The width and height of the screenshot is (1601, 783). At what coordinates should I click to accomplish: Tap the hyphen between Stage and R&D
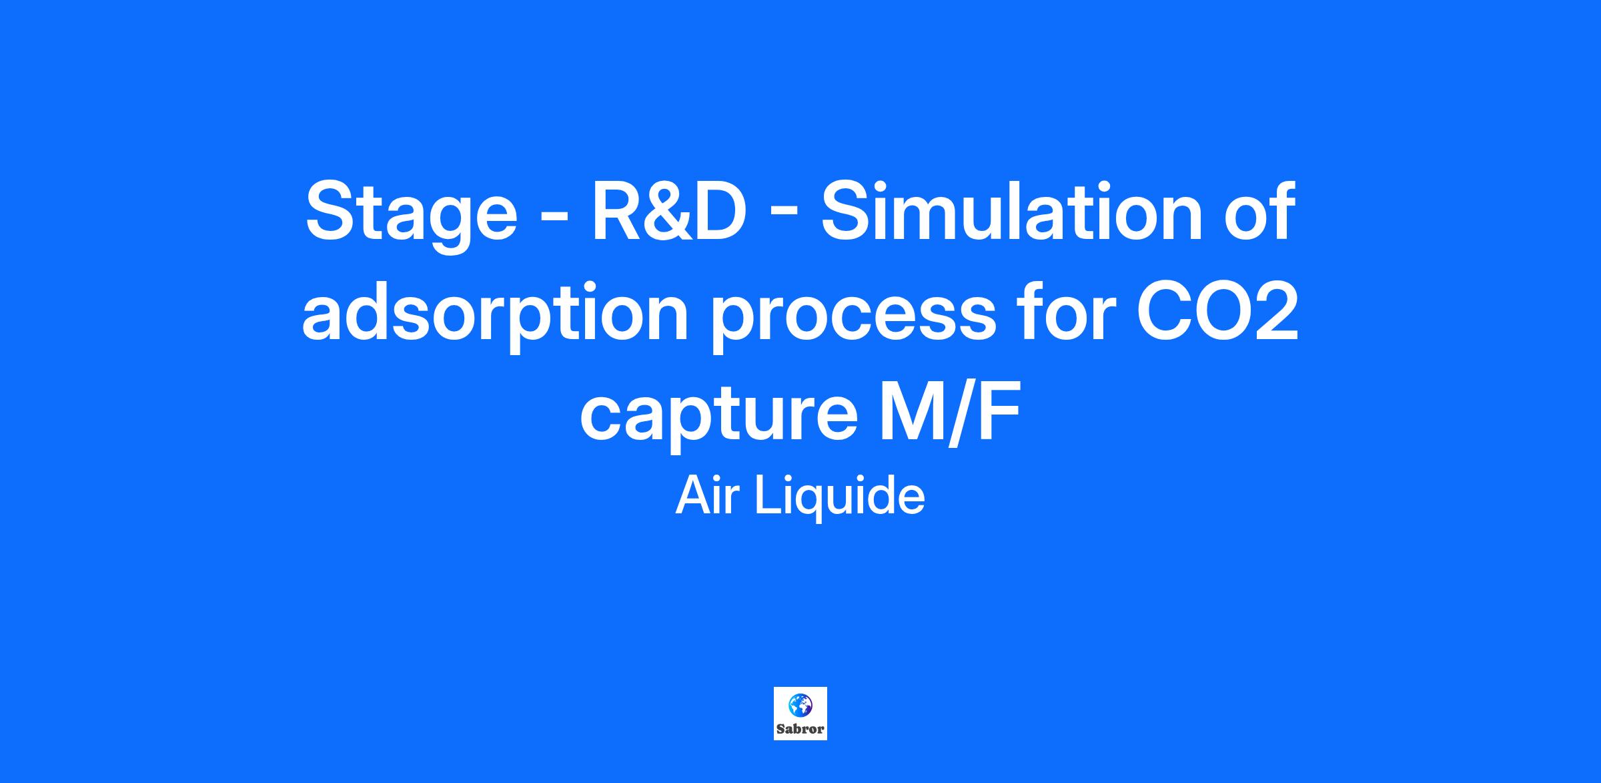(554, 217)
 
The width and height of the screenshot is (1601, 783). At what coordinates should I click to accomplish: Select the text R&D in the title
(668, 210)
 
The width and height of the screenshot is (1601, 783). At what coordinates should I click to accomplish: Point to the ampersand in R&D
(667, 210)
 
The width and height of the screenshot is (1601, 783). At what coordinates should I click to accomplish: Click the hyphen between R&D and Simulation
(783, 217)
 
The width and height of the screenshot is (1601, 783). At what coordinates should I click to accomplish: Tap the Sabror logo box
(800, 714)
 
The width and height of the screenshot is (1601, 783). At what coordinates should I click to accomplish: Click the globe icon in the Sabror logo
(800, 705)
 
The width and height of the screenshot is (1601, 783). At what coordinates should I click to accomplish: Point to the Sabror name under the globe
(800, 730)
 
